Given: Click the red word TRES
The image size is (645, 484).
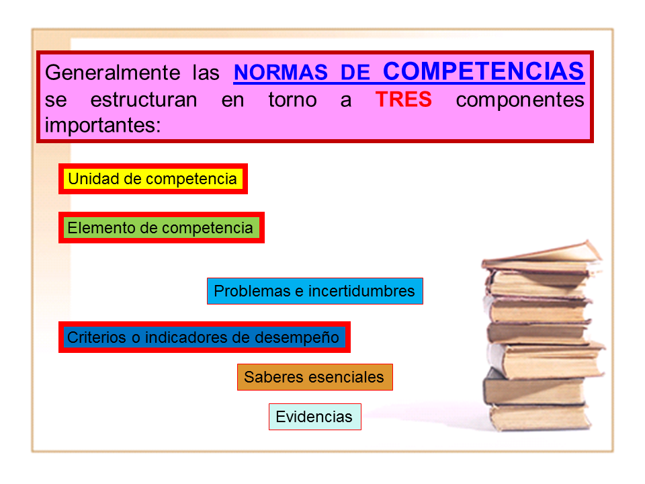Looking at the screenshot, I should [x=404, y=100].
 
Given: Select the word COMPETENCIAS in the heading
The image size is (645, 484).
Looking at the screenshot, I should [x=483, y=71].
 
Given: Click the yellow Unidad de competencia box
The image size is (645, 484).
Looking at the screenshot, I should [x=153, y=179].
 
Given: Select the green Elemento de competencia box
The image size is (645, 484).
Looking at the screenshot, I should [x=161, y=228].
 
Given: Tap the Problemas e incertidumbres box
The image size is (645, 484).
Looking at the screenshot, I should [x=314, y=291].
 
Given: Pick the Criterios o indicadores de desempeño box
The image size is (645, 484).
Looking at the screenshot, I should [x=204, y=337].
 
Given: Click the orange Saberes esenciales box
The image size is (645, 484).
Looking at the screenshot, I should [x=314, y=377].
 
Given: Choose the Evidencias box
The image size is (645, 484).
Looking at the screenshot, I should [x=314, y=417].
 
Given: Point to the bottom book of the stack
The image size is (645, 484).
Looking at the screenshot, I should [x=537, y=417].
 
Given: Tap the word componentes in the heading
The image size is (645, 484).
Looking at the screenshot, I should [x=519, y=100].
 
